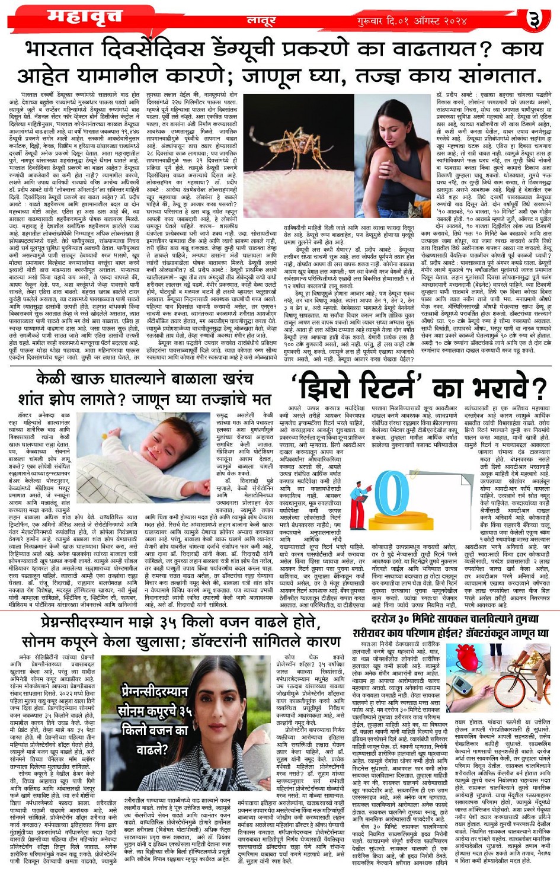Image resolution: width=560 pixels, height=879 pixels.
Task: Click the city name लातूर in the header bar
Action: (x=261, y=21)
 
